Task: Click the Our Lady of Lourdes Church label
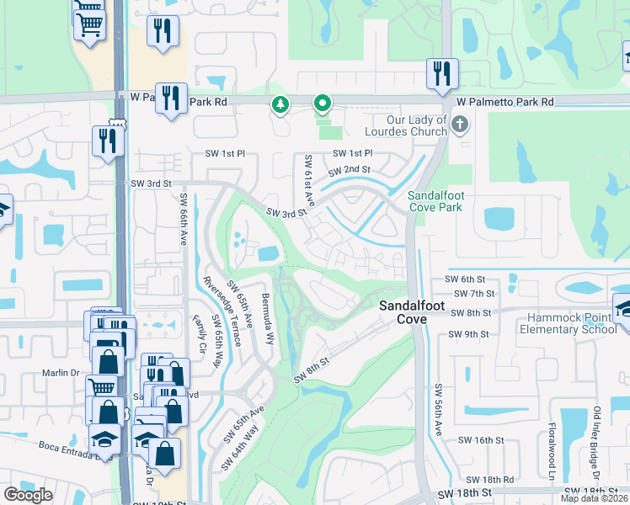tap(405, 125)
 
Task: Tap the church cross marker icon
tap(459, 125)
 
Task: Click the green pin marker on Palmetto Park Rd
tap(322, 104)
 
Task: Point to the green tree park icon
tap(280, 104)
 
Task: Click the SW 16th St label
tap(481, 440)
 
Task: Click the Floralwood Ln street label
tap(553, 449)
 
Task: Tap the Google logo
tap(28, 495)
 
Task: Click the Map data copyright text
tap(595, 498)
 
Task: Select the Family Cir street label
tap(200, 334)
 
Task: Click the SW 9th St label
tap(470, 334)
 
